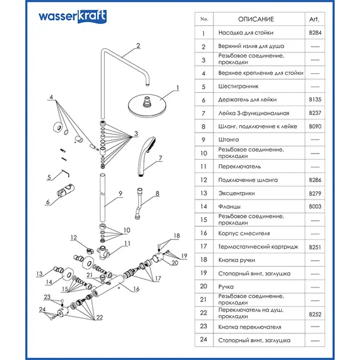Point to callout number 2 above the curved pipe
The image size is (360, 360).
coord(138,45)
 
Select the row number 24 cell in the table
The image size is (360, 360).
coord(203,340)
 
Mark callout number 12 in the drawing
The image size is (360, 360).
coord(74,237)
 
